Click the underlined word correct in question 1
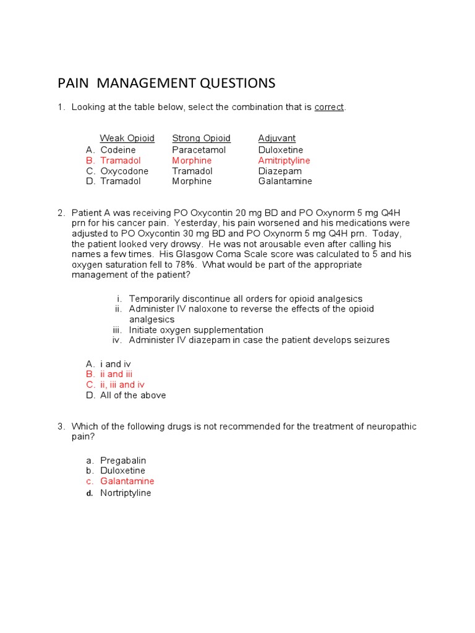click(329, 108)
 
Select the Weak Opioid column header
click(127, 138)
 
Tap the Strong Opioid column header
click(201, 138)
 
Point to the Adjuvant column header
click(276, 138)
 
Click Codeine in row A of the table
click(118, 150)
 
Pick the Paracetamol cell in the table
click(199, 150)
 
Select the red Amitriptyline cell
click(284, 161)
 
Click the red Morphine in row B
click(192, 161)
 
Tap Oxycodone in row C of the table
click(124, 171)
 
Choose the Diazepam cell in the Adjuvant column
click(280, 171)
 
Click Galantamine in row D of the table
click(285, 182)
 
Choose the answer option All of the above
click(133, 396)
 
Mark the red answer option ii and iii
click(116, 374)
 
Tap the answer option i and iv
click(115, 363)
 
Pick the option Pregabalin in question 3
click(123, 461)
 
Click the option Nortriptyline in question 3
click(126, 493)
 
